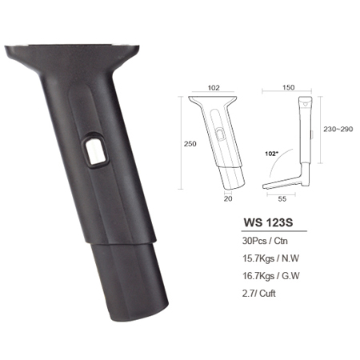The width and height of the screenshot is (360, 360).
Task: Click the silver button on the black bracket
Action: (95, 150)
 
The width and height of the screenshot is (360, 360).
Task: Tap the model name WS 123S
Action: (268, 222)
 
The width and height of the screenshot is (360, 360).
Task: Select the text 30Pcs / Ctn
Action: (265, 241)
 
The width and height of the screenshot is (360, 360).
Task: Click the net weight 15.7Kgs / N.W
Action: (270, 258)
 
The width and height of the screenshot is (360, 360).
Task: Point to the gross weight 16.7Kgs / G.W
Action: (271, 275)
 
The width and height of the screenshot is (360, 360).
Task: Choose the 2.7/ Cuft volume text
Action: (258, 294)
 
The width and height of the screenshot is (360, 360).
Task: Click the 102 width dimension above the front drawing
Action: (214, 88)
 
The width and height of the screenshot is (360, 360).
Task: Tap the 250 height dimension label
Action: (190, 144)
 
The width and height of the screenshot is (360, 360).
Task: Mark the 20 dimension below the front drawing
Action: (228, 198)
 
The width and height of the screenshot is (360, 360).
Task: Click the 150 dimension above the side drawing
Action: (289, 87)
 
